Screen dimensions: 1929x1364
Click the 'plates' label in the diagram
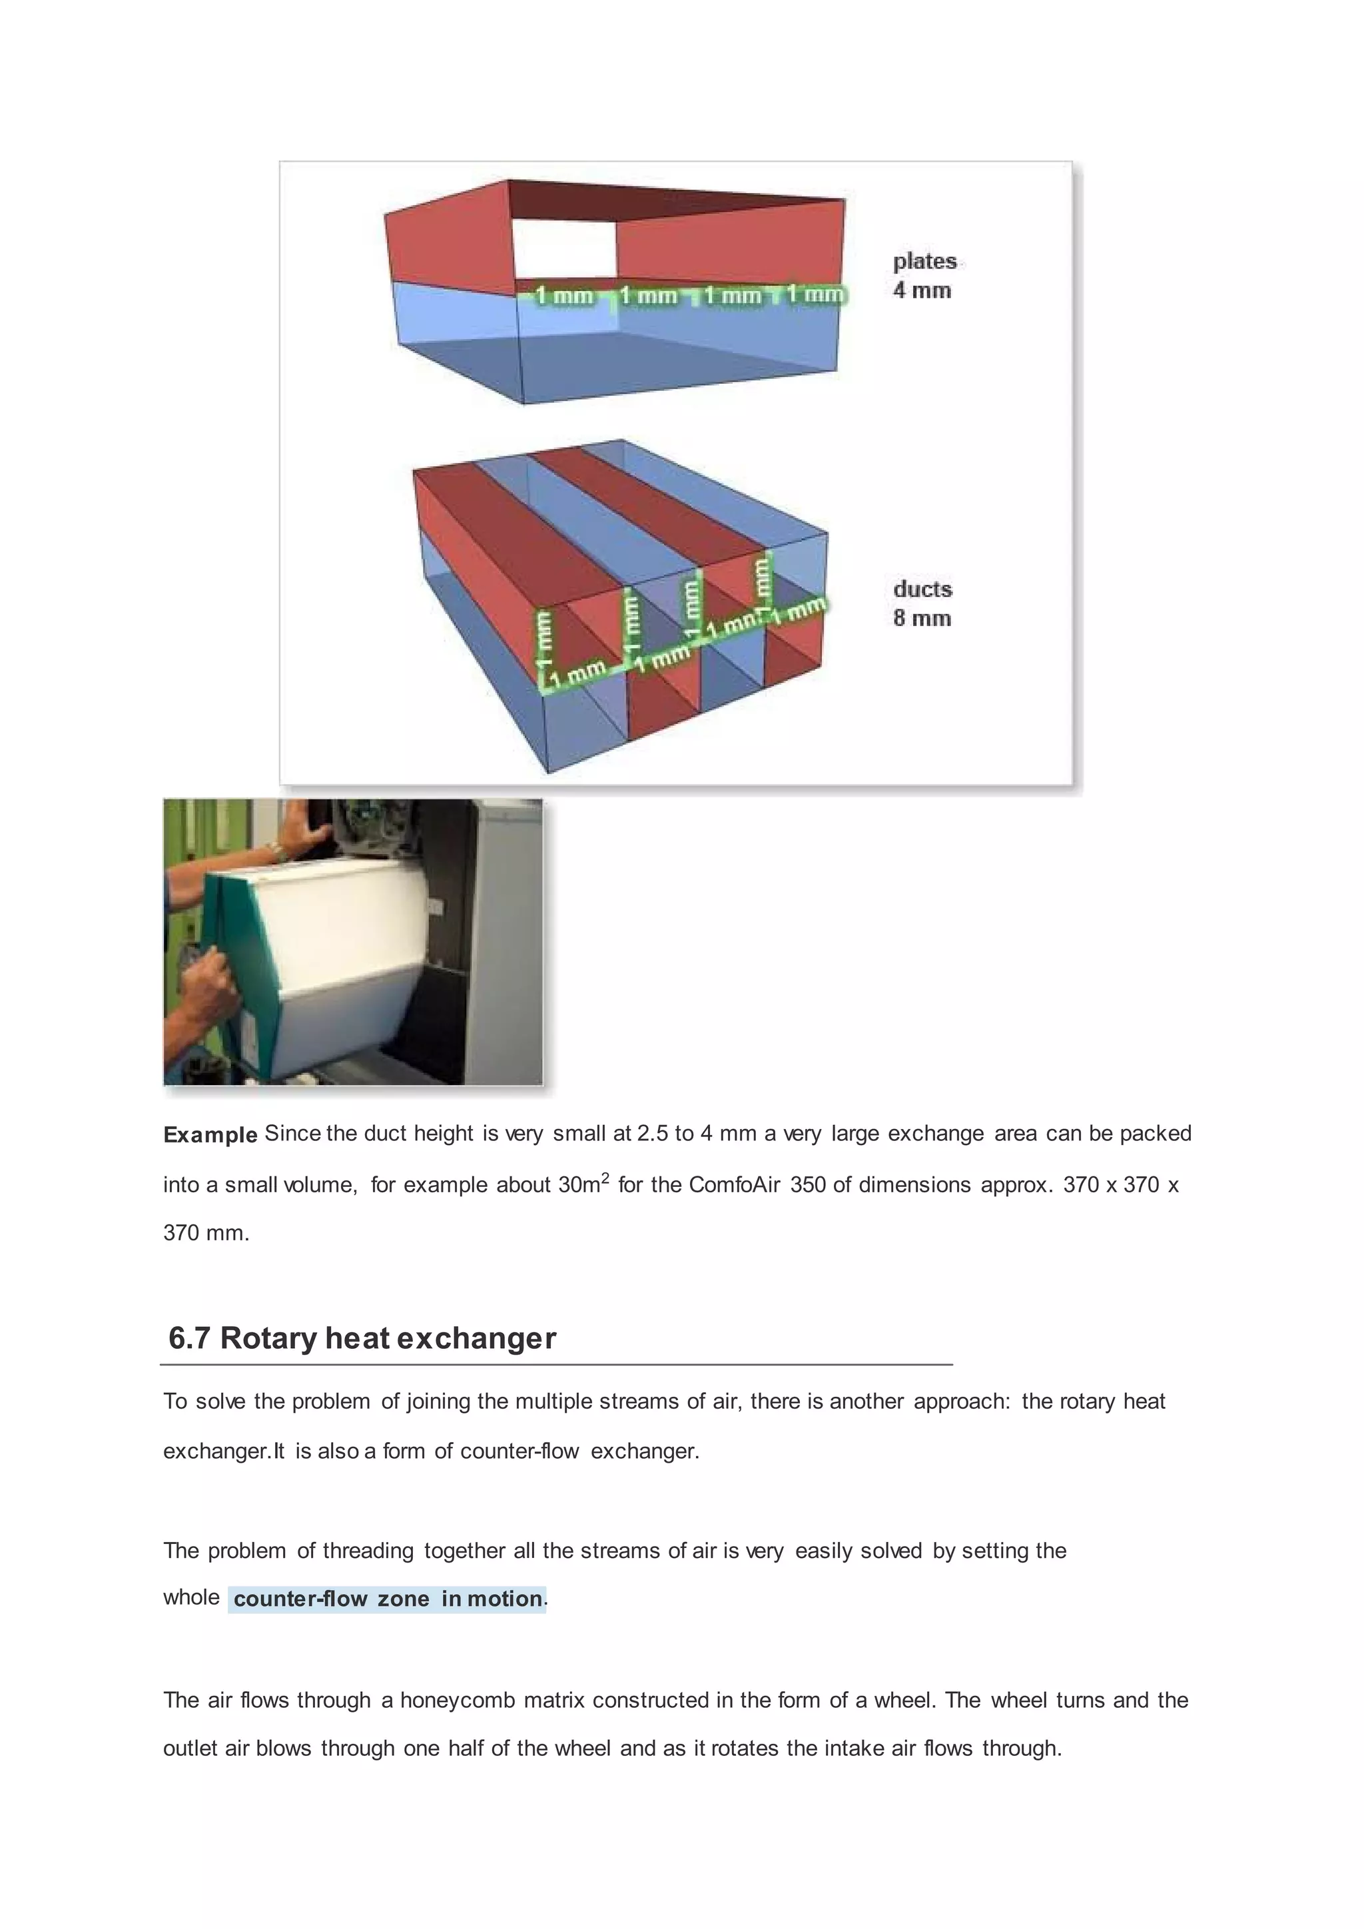(x=924, y=261)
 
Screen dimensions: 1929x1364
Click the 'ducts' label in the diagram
(x=922, y=589)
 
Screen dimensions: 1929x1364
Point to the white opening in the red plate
(x=564, y=248)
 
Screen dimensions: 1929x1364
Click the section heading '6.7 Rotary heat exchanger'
(x=362, y=1338)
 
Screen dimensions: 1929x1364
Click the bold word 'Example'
(x=210, y=1135)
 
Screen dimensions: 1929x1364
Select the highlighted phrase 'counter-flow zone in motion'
(x=387, y=1599)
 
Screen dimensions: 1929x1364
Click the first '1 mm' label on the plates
(x=563, y=296)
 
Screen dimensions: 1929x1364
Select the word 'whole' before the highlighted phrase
(x=190, y=1598)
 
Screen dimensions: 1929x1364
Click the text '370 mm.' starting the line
(x=206, y=1234)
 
